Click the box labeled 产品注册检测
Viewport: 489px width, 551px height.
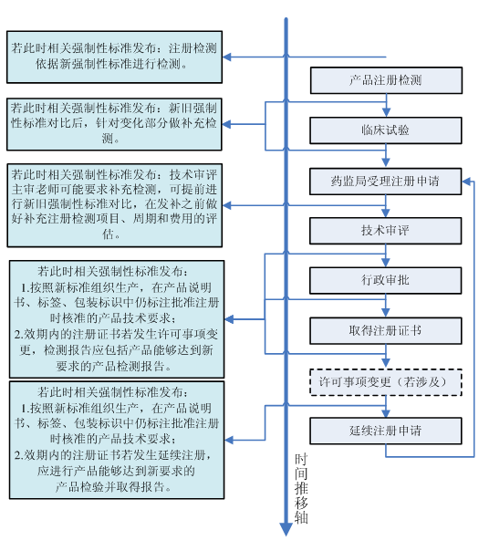click(x=386, y=80)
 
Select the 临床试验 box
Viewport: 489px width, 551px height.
click(x=386, y=130)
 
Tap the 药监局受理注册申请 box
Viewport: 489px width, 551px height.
click(x=386, y=182)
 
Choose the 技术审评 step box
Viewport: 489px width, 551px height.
click(x=386, y=231)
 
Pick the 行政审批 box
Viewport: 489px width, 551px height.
click(x=386, y=280)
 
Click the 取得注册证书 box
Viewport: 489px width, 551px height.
click(x=386, y=330)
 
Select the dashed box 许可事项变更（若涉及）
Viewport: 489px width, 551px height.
click(x=386, y=382)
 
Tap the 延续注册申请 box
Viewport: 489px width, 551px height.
click(x=386, y=431)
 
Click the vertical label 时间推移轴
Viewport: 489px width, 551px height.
click(x=301, y=488)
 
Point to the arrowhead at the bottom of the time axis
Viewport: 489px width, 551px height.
click(x=286, y=529)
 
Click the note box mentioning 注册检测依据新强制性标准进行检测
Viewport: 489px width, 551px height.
click(x=114, y=57)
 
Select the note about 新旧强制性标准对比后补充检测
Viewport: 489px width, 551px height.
click(x=114, y=124)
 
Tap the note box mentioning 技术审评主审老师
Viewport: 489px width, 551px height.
click(x=115, y=205)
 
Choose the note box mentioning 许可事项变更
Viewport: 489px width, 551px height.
click(x=117, y=319)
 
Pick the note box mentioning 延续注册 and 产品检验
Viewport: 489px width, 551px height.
click(x=117, y=440)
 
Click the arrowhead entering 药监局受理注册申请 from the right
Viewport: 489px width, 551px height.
click(x=466, y=182)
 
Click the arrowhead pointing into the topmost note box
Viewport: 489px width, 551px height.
click(x=227, y=57)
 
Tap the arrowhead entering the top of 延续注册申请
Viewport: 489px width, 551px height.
click(x=386, y=413)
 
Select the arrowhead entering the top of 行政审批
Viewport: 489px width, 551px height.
click(x=386, y=263)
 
